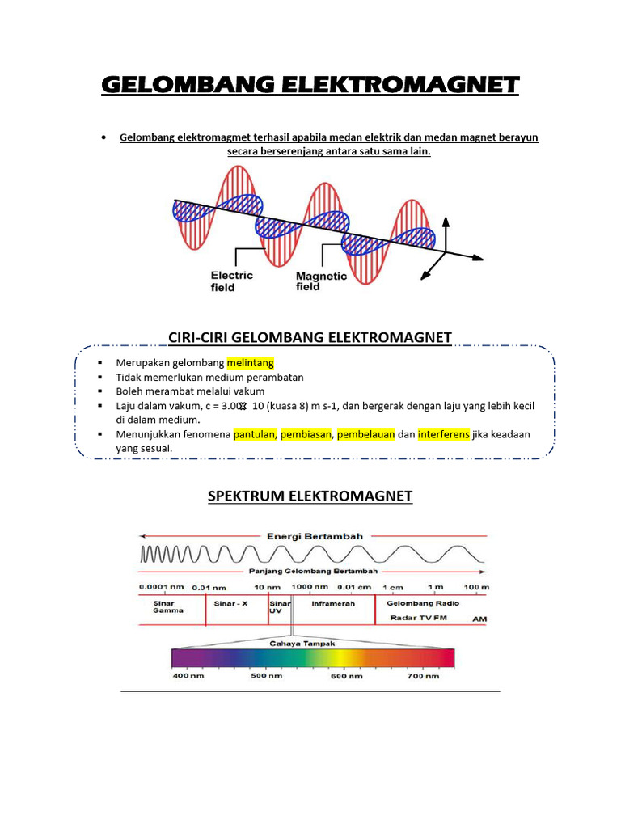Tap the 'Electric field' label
(232, 281)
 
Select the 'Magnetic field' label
(321, 281)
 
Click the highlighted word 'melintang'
(256, 363)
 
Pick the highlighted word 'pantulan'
(255, 434)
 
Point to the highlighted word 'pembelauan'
(366, 434)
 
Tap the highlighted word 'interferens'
(444, 434)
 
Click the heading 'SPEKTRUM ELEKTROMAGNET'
(310, 496)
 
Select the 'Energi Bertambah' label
(315, 535)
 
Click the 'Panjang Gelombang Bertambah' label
(315, 571)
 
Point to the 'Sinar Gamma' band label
(167, 606)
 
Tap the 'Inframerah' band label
(333, 603)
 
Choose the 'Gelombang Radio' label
(423, 603)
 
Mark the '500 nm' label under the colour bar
(266, 675)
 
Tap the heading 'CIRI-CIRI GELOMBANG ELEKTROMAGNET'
(310, 336)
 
